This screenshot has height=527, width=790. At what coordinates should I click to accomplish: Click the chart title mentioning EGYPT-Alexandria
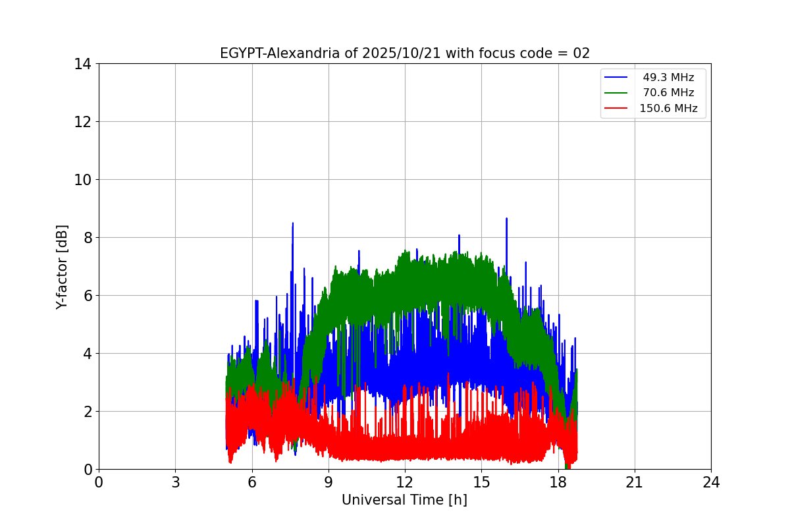[404, 53]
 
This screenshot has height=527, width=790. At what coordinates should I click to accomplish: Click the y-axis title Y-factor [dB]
[62, 266]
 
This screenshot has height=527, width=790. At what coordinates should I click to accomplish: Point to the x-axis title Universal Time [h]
[404, 500]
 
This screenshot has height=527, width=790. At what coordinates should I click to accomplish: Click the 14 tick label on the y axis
[82, 64]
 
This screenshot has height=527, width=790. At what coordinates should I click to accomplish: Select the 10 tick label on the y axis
[82, 180]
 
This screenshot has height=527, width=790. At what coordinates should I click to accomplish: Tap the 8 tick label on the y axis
[86, 238]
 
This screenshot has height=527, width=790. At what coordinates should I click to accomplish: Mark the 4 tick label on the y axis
[86, 354]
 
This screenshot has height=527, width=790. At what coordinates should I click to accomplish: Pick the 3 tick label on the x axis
[175, 482]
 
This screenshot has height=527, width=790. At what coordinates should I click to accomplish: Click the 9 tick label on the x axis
[328, 482]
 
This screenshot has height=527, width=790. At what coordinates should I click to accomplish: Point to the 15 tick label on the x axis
[481, 482]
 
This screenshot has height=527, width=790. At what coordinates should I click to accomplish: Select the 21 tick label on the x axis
[635, 482]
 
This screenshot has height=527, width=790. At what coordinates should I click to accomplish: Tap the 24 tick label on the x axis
[711, 482]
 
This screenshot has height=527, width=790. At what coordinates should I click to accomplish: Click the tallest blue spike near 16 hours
[506, 219]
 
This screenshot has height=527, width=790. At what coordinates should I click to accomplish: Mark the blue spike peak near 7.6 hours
[292, 223]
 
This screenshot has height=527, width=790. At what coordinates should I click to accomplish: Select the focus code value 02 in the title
[581, 53]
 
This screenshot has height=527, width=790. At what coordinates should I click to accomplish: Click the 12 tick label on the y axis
[82, 122]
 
